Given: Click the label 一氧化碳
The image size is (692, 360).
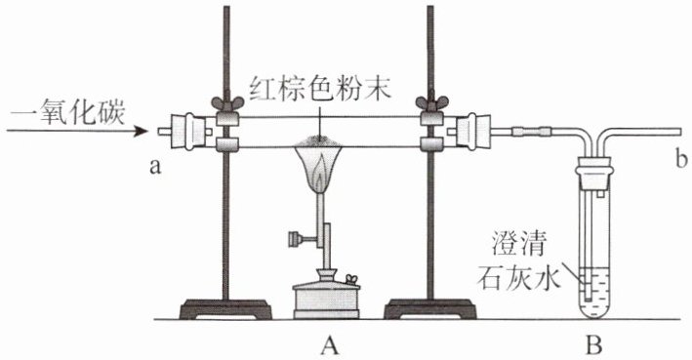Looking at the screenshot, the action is (67, 113).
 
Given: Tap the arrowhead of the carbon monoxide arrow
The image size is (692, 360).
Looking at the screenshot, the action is (142, 131).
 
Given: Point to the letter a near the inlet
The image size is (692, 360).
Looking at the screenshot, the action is (154, 167).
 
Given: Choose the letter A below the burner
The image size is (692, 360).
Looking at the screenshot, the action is (330, 344).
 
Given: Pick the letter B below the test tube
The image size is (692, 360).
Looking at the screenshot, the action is (593, 344).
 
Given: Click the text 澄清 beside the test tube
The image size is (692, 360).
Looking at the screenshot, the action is (519, 245).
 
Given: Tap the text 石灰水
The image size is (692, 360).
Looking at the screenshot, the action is (518, 277).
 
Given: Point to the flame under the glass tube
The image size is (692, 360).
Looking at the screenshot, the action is (321, 168).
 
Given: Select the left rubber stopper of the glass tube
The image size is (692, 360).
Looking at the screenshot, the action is (188, 132).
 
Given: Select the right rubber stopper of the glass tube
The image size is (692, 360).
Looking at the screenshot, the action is (473, 132).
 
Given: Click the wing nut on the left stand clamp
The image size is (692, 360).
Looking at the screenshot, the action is (226, 103).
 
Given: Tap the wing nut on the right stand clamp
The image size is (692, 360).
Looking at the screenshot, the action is (431, 103).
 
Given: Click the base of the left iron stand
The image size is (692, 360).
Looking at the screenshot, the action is (225, 309).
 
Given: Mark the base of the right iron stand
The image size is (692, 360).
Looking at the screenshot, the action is (429, 309).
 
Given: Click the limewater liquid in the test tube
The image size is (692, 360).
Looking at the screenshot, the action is (594, 291).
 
